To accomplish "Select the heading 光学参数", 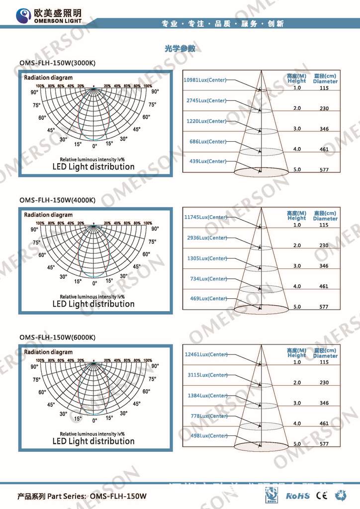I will (x=180, y=49).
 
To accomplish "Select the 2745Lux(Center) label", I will (x=206, y=101).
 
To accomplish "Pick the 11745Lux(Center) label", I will (x=205, y=217).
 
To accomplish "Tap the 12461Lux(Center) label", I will (x=205, y=354).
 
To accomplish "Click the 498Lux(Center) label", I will (x=209, y=436).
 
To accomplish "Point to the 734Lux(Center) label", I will (x=208, y=279).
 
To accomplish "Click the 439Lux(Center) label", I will (x=208, y=162).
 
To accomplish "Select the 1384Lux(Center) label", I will (x=207, y=396).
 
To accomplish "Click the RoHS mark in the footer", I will (x=298, y=496).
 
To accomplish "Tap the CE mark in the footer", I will (x=322, y=495).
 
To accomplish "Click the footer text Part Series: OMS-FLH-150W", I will (x=82, y=497).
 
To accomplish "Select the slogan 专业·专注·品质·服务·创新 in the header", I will (x=223, y=24).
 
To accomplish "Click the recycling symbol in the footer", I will (x=342, y=495).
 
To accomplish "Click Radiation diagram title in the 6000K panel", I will (x=48, y=352).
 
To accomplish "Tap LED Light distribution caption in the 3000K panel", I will (x=93, y=167).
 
